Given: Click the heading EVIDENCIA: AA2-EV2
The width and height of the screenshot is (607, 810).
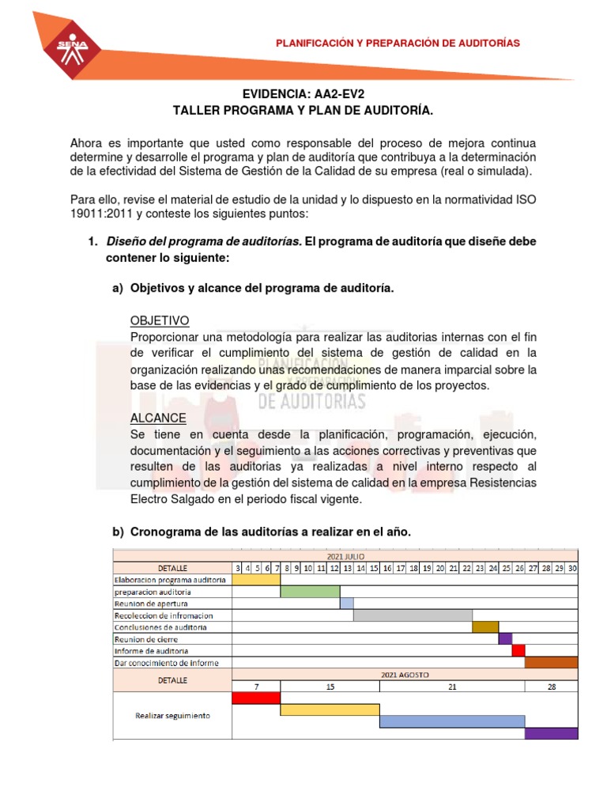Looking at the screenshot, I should (x=303, y=94).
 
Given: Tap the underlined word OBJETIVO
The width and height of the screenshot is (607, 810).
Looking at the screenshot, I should (x=159, y=320).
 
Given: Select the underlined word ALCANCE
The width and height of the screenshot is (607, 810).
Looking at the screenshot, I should (x=158, y=418).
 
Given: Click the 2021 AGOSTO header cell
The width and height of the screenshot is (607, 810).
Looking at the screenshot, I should (x=405, y=674).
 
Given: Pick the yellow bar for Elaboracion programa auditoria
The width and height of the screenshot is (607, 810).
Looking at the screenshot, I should (x=256, y=579).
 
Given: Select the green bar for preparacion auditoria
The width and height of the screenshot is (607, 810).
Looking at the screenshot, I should (x=310, y=591).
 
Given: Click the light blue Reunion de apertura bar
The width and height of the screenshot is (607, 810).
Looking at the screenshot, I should (x=346, y=603).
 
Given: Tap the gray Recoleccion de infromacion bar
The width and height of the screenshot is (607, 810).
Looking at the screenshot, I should (x=413, y=615).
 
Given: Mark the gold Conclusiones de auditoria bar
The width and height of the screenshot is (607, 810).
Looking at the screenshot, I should (x=485, y=626).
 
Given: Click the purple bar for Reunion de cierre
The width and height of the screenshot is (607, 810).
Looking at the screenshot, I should (x=505, y=638).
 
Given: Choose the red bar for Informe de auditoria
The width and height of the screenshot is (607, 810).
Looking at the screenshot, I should (x=518, y=650).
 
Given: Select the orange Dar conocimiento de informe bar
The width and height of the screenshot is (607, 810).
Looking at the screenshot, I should (x=552, y=662).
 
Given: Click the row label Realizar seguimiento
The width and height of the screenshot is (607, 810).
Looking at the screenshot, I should (x=172, y=715).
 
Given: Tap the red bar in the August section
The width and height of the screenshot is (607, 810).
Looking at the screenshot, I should (x=256, y=698).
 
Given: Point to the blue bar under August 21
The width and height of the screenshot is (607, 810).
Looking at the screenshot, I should (x=452, y=721).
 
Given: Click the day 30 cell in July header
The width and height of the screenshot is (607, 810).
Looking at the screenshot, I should (x=571, y=567).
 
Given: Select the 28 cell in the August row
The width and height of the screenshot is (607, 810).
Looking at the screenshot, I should (x=552, y=686).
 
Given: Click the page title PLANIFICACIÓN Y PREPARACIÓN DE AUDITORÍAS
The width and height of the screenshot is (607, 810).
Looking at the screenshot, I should (x=398, y=43).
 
